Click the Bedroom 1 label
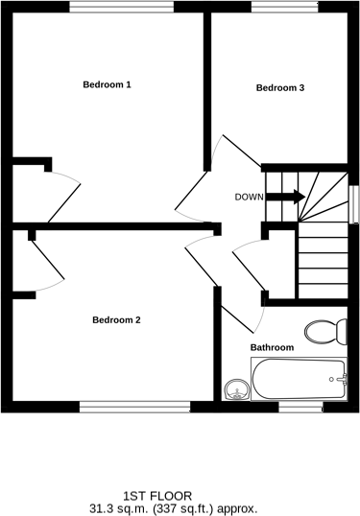pos(107,85)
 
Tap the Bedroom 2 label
pos(116,319)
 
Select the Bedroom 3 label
pos(280,88)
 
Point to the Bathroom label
pos(272,347)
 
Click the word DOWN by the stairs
pos(249,198)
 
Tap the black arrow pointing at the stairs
pos(285,198)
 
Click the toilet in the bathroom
pos(326,332)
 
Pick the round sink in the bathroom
pos(235,389)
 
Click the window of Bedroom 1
pos(122,7)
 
